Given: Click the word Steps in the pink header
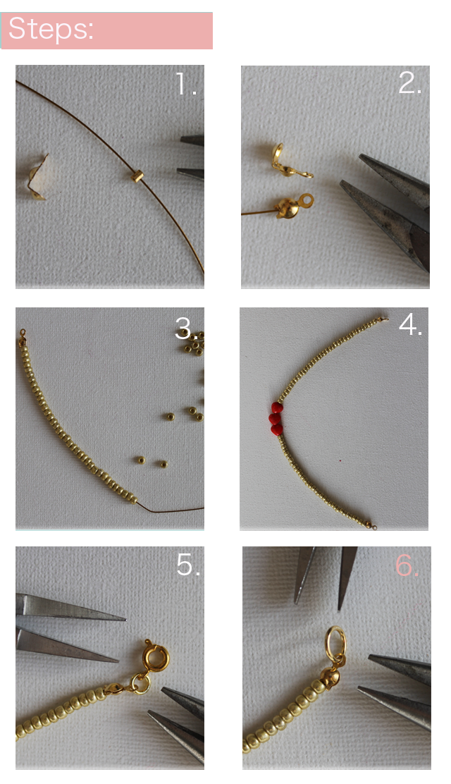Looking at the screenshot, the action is [51, 29].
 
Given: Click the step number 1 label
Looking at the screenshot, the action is [186, 84].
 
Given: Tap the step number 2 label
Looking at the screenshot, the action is [410, 83].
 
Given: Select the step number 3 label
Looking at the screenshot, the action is [186, 328].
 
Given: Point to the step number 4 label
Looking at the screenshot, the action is [411, 325].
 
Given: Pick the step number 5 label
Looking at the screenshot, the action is [188, 565].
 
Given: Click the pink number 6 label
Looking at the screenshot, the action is [407, 565].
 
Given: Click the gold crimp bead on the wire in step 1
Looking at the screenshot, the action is [137, 176].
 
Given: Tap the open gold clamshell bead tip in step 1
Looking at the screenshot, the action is [38, 178].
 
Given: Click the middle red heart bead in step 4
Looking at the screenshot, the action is [275, 419].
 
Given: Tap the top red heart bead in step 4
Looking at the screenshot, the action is [277, 408].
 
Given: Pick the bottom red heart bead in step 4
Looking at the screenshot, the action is [276, 429].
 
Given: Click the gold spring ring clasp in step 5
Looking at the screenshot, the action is [156, 657].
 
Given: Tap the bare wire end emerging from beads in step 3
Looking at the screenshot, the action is [170, 508].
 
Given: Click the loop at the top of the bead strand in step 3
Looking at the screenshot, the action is [22, 332].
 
